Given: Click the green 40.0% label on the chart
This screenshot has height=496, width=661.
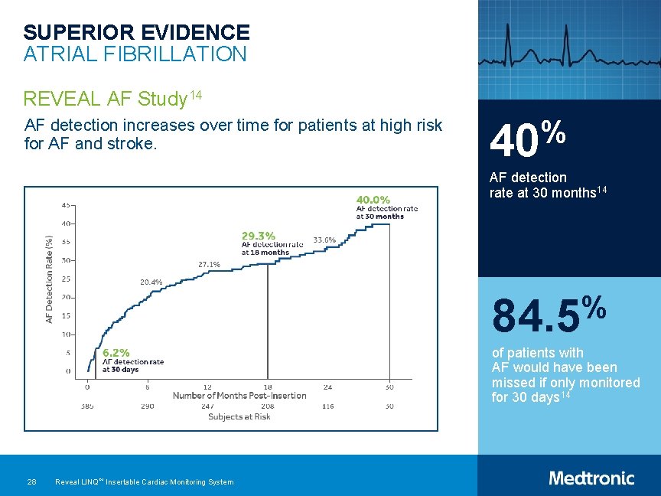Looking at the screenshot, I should pos(373,201).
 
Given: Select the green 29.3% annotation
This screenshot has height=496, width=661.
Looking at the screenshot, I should pos(259,235).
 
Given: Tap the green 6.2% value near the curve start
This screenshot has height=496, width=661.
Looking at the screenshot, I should pos(116,353).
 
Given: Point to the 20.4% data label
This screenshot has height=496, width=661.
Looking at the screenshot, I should pos(151,282).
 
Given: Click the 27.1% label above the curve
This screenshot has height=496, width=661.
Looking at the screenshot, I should pos(209,264).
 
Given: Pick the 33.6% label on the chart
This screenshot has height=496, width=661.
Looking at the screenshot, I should pos(324,240).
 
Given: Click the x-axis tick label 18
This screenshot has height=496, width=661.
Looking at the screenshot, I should pos(268,387).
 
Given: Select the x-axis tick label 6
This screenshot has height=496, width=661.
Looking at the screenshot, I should pos(147,387).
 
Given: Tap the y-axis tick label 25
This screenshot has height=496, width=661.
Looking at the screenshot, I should pos(67,279).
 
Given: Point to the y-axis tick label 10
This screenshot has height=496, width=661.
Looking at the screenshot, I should pos(67,334).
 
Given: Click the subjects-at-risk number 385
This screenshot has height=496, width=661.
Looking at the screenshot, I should pos(87,406).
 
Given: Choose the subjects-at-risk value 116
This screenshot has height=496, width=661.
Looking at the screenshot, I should pos(328,406).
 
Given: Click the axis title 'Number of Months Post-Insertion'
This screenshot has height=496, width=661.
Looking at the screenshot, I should pos(239,396).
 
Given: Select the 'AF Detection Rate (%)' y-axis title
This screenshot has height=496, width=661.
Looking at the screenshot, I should pos(50,279).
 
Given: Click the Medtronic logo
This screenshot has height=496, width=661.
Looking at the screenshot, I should pos(591,478).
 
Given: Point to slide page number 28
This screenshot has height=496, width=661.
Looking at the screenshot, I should pos(31,481).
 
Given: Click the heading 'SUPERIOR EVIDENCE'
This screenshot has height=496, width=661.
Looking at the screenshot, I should pos(136,32).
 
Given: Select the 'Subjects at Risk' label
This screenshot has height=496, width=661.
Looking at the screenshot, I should pos(239,416).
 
